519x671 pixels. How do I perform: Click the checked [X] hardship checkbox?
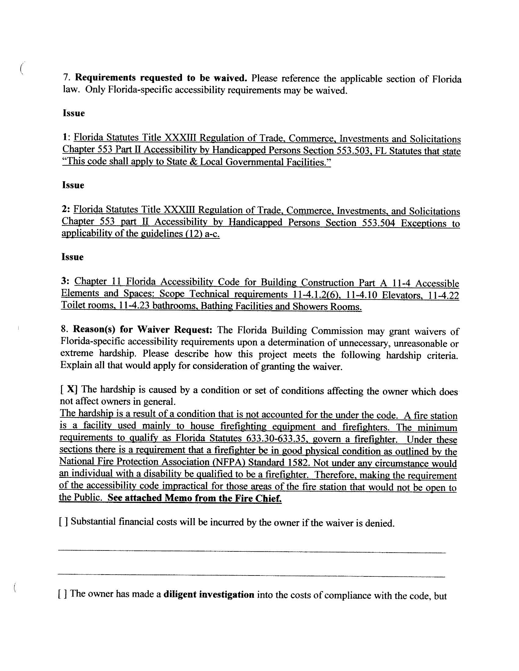(69, 389)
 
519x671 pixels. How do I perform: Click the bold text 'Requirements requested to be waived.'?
(161, 78)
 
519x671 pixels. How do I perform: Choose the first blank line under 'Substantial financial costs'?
(252, 553)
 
